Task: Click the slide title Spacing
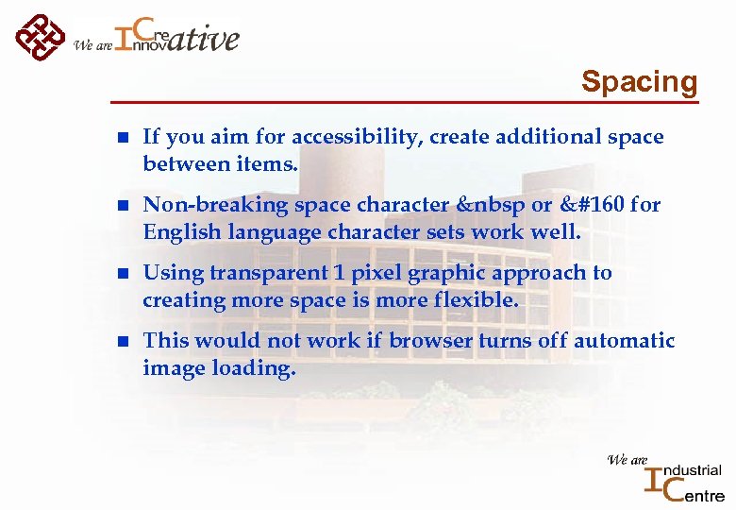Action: (x=639, y=81)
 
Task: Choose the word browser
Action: (x=430, y=341)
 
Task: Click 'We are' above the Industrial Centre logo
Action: (x=627, y=460)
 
